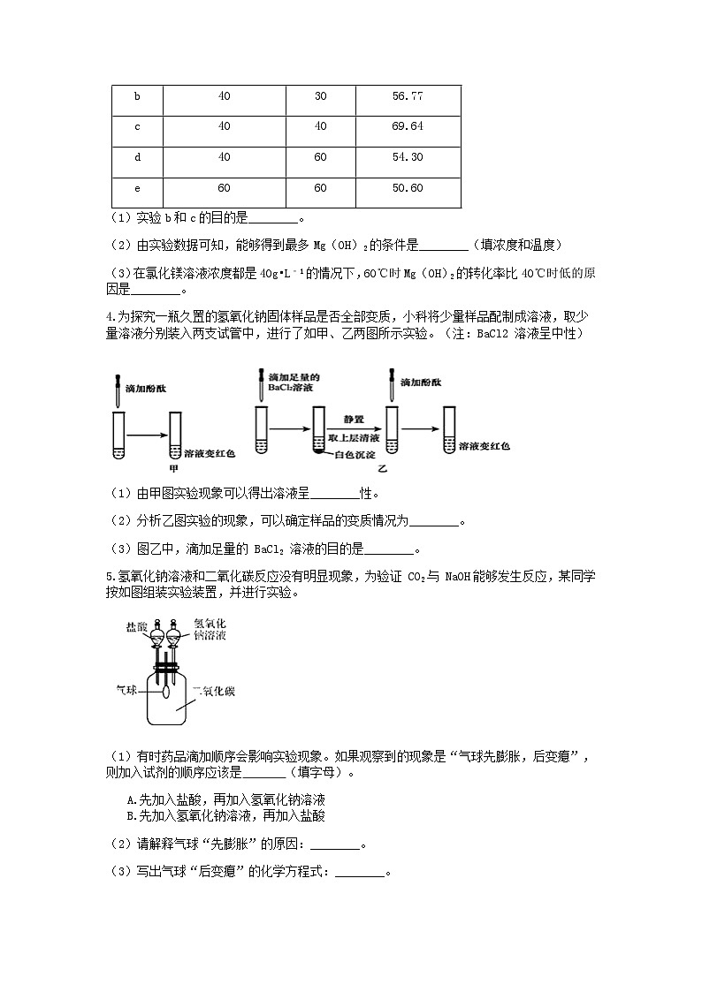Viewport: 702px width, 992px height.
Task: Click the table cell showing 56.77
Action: [x=408, y=96]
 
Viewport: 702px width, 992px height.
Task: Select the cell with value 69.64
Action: [x=408, y=126]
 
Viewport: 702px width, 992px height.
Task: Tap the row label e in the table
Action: [x=137, y=188]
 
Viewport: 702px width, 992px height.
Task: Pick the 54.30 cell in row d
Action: [x=408, y=157]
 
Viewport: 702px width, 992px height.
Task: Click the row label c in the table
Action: [x=137, y=126]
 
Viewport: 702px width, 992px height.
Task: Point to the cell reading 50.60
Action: [x=408, y=188]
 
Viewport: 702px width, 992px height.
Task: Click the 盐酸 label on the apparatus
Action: [x=137, y=627]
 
